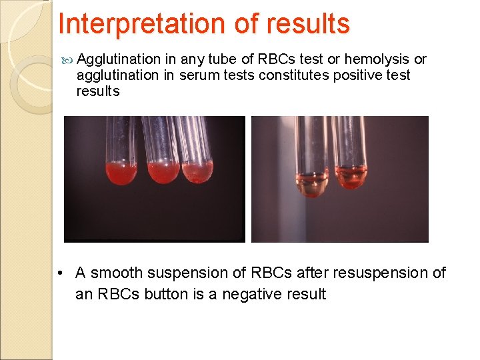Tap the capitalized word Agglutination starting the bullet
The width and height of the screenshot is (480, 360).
(119, 59)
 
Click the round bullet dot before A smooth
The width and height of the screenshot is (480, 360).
(61, 273)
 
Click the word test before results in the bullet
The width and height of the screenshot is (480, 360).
(399, 75)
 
